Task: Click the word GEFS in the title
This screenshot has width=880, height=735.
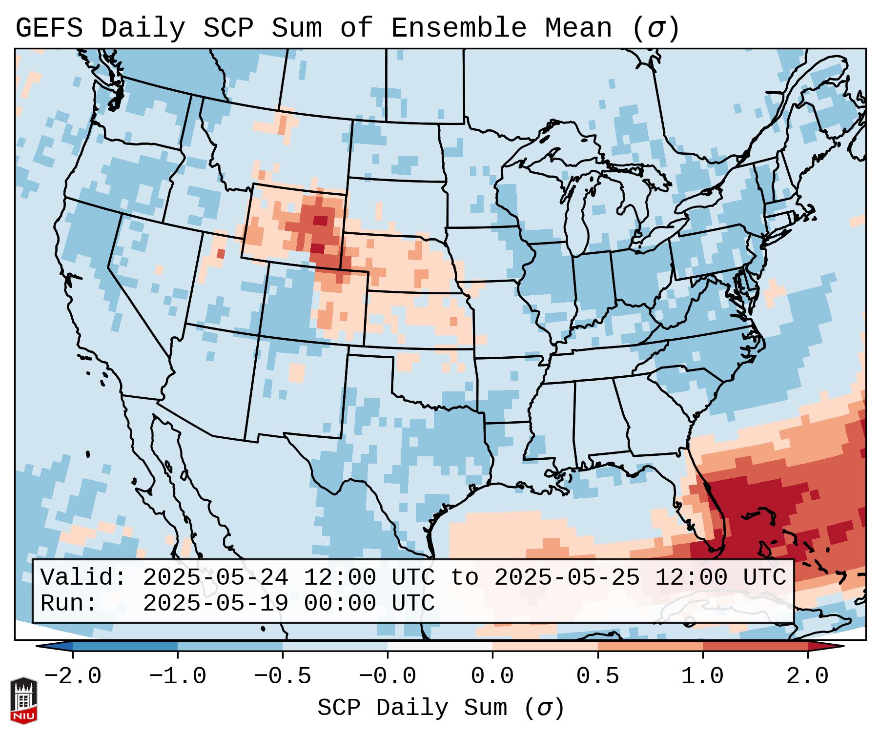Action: tap(49, 28)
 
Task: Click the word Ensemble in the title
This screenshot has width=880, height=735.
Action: tap(458, 28)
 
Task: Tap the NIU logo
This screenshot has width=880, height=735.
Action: tap(23, 700)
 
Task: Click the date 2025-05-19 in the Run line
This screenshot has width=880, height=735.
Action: tap(215, 604)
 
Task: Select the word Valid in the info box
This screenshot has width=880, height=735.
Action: tap(83, 578)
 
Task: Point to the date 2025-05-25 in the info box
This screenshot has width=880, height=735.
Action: tap(567, 578)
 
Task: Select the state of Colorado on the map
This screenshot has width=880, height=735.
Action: tap(312, 303)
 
